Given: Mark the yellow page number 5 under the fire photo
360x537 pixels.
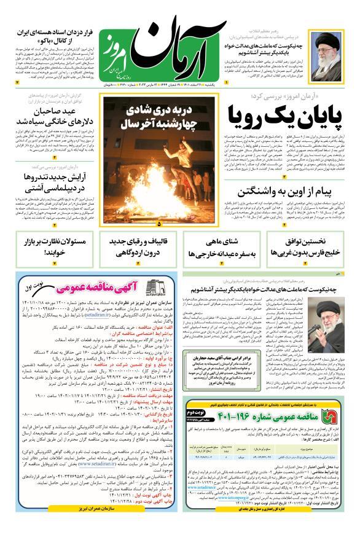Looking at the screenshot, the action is (158, 224).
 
